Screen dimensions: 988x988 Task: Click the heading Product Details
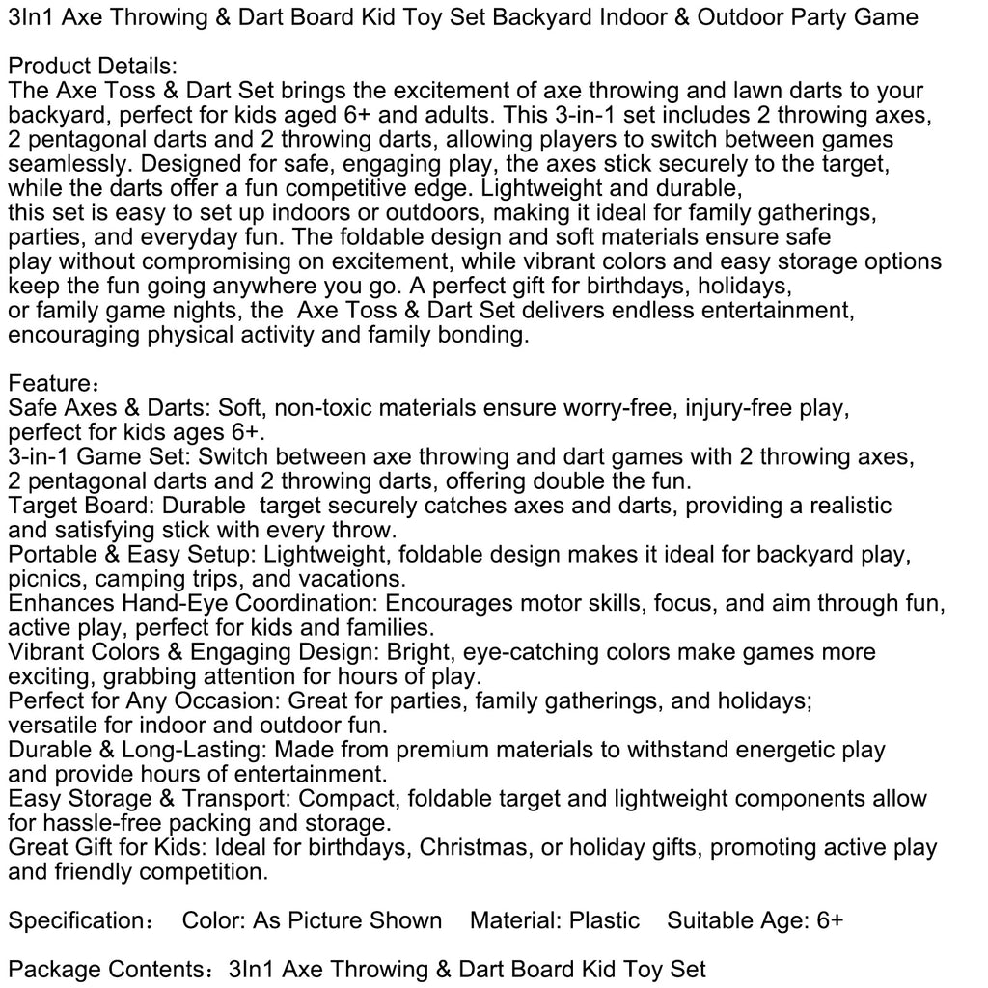pos(92,67)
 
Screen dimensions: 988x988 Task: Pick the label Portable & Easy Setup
pos(131,555)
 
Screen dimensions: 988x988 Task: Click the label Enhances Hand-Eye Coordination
pos(193,603)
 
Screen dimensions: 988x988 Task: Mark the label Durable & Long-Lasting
pos(138,750)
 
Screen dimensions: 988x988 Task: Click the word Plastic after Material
pos(604,920)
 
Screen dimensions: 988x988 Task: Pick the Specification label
pos(79,920)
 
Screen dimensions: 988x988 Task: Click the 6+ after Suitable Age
pos(829,920)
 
